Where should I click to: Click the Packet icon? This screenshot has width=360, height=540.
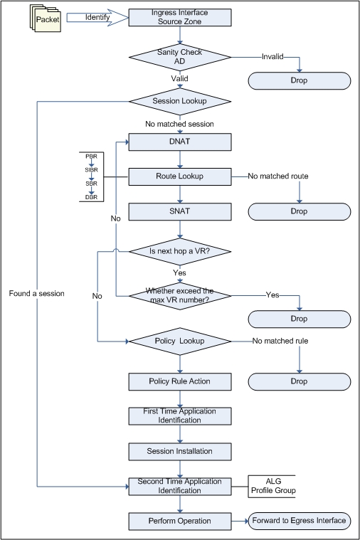45,18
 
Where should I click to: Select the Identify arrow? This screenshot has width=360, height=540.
97,17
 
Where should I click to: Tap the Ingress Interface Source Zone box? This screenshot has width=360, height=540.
180,17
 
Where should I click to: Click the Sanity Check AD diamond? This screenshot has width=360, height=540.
180,57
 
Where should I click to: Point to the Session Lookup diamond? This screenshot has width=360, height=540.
180,101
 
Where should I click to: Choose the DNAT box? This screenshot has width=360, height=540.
180,142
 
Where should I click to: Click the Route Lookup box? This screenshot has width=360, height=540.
180,176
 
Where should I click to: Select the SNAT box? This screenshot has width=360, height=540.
180,211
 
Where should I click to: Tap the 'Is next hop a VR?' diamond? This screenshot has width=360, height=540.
180,251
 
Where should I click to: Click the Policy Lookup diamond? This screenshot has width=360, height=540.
180,342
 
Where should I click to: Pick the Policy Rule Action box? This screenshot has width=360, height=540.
180,381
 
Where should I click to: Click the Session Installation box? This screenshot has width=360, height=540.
180,452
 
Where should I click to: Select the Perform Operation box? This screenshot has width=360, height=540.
180,521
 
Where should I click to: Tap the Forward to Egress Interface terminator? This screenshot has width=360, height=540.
300,521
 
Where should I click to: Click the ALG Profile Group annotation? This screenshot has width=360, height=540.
272,486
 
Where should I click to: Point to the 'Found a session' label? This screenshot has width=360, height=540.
37,293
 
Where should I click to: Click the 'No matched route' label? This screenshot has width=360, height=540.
278,176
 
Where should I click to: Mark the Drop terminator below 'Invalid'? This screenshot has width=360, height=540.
300,80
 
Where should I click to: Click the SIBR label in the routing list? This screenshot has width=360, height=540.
91,170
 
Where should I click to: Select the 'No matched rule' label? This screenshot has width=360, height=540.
280,341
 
